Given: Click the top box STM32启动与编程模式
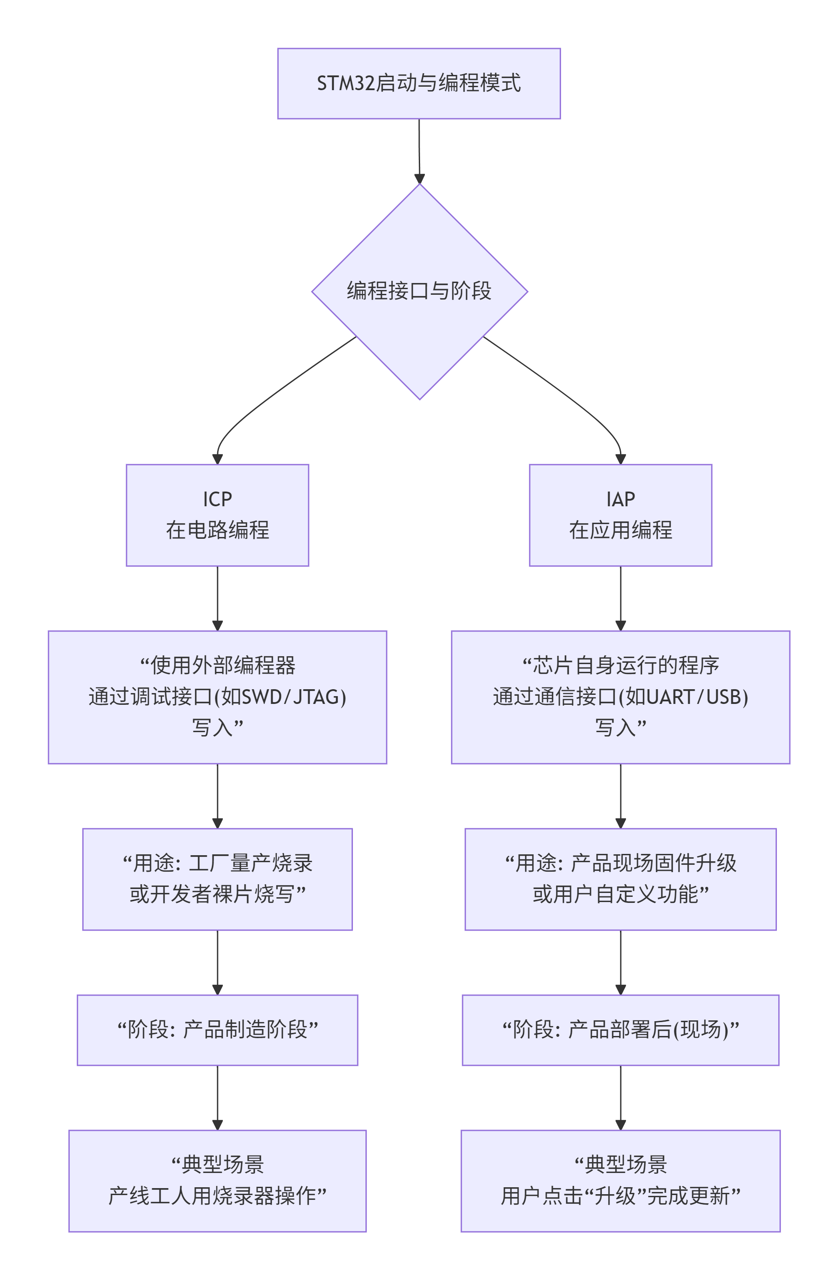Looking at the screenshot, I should point(418,83).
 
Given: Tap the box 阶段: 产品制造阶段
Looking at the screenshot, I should point(217,1029).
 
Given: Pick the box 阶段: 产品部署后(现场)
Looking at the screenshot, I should point(620,1029).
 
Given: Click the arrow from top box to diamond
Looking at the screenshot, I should point(419,150).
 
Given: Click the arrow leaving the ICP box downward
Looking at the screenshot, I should point(217,597).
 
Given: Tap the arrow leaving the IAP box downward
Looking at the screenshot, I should point(620,597).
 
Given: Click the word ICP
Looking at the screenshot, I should point(217,499).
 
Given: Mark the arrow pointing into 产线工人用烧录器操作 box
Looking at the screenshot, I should point(217,1097).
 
